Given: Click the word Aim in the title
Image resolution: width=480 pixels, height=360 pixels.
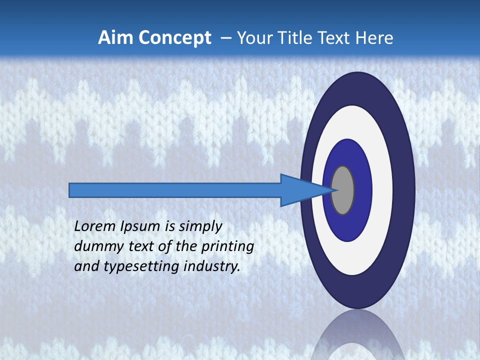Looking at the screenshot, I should [114, 38].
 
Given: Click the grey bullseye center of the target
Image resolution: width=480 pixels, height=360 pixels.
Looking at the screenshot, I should [342, 190].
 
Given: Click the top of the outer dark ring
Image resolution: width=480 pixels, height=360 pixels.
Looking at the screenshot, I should [358, 80].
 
